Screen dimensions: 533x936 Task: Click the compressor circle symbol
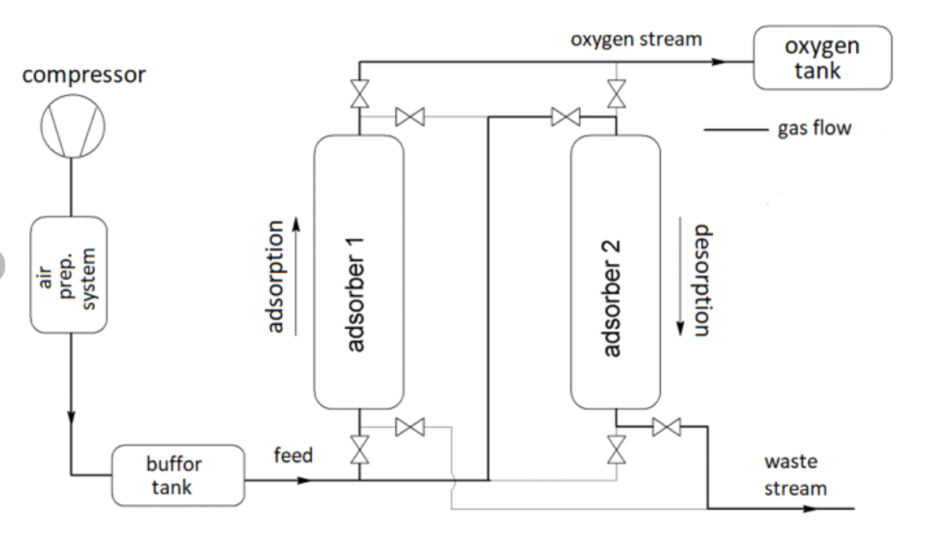pyautogui.click(x=73, y=126)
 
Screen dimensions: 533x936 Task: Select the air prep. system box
pyautogui.click(x=69, y=275)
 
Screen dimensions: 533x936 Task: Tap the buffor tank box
pyautogui.click(x=178, y=475)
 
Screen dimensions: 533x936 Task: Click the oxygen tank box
pyautogui.click(x=822, y=58)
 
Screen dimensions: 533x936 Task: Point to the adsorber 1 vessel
pyautogui.click(x=358, y=272)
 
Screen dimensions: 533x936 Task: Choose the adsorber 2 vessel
pyautogui.click(x=615, y=272)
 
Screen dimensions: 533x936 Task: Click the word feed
pyautogui.click(x=293, y=455)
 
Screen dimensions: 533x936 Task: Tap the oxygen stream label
pyautogui.click(x=636, y=39)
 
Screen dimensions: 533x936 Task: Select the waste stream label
pyautogui.click(x=795, y=475)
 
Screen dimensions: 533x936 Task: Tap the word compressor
pyautogui.click(x=84, y=75)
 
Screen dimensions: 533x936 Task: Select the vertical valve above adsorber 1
pyautogui.click(x=360, y=93)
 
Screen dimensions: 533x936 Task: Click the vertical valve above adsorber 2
pyautogui.click(x=616, y=93)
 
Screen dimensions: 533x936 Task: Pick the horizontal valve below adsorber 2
pyautogui.click(x=667, y=427)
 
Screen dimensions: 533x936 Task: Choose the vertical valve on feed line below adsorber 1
pyautogui.click(x=360, y=450)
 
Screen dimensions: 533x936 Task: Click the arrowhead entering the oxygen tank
pyautogui.click(x=719, y=61)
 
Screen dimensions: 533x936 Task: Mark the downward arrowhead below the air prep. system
pyautogui.click(x=72, y=416)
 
